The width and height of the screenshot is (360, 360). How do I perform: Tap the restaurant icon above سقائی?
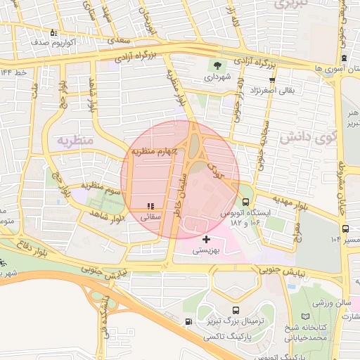click(x=150, y=206)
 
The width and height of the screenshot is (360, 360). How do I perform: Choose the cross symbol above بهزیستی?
click(x=206, y=240)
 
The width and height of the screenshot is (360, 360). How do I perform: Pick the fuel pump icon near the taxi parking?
click(x=187, y=322)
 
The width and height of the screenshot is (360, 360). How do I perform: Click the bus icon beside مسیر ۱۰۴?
click(x=345, y=228)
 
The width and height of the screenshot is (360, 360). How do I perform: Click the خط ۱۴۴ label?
click(x=14, y=72)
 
